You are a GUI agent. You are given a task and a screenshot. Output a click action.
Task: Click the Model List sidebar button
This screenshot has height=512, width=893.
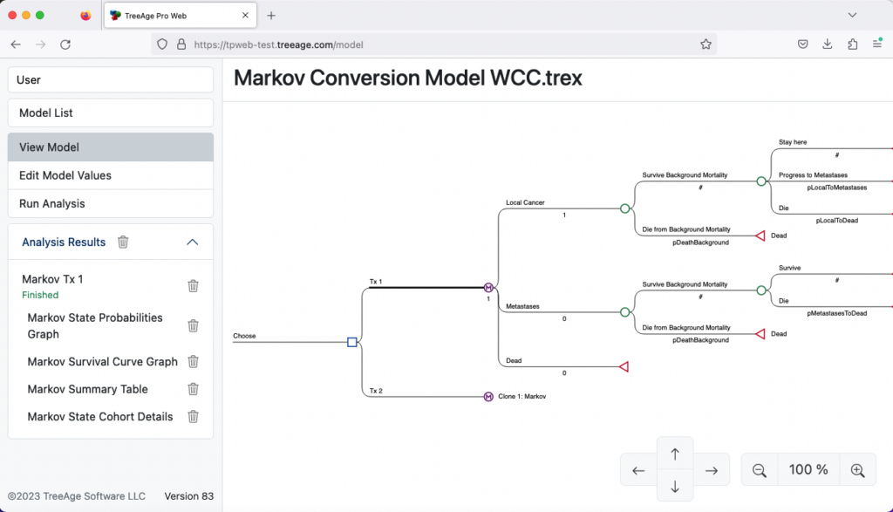[110, 113]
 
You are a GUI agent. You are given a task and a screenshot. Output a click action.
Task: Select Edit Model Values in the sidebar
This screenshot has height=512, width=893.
[110, 175]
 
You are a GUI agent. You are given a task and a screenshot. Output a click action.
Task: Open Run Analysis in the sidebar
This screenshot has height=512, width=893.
[110, 203]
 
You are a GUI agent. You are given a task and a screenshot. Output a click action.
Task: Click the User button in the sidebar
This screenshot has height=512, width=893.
[110, 79]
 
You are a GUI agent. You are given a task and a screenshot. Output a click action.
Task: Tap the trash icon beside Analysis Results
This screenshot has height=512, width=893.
[123, 242]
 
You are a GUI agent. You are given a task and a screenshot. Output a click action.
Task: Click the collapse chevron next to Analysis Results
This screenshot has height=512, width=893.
[193, 242]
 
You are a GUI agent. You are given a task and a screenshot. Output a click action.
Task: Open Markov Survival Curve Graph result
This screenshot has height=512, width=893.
[102, 361]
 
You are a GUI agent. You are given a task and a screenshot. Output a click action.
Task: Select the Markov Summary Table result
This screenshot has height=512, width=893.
[87, 389]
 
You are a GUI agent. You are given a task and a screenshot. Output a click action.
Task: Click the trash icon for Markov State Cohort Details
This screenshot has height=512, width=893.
[194, 417]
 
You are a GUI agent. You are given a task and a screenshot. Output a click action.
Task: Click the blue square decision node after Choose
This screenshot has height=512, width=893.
[352, 342]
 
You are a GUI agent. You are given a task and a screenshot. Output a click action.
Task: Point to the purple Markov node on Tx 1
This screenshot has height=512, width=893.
[488, 287]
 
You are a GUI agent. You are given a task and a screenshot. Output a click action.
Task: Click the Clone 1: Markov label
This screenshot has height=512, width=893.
[521, 397]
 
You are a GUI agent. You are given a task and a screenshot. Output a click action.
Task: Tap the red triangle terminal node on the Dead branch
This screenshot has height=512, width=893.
[624, 367]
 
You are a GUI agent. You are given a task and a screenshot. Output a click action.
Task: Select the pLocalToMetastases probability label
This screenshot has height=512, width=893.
[836, 188]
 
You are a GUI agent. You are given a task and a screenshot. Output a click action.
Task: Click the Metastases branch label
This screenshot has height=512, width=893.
[523, 306]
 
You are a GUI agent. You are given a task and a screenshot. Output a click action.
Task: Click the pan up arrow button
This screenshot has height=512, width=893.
[675, 454]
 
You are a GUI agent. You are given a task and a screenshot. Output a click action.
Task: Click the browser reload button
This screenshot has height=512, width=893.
[65, 44]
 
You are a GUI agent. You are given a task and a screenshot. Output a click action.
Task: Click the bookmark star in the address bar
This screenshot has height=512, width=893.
[706, 44]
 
